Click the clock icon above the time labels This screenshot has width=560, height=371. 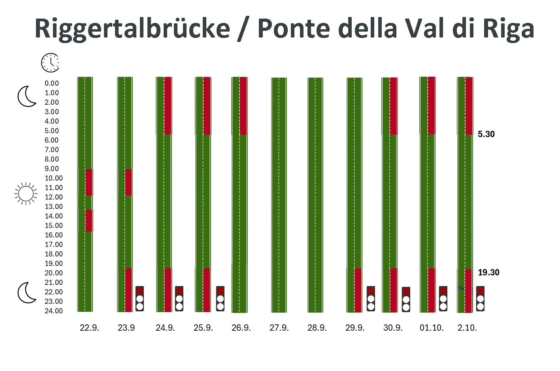[x=50, y=62]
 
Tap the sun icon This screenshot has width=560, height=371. [x=26, y=194]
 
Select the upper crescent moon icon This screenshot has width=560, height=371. [x=27, y=97]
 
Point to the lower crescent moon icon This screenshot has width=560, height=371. [x=27, y=293]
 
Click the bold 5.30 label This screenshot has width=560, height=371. [x=486, y=134]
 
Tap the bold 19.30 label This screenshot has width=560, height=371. [x=488, y=273]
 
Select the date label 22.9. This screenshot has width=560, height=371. [x=89, y=328]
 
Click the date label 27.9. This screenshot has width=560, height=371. [x=279, y=328]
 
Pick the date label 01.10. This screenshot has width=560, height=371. [x=432, y=328]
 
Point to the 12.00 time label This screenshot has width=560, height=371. [x=54, y=197]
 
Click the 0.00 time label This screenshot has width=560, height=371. [x=51, y=83]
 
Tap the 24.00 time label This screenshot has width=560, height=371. [x=54, y=311]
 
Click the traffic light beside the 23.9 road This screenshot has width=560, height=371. [x=140, y=299]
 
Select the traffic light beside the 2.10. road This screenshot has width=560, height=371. [x=480, y=299]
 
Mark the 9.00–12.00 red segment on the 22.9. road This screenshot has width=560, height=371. [x=89, y=182]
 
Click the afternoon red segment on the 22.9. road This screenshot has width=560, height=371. [x=89, y=220]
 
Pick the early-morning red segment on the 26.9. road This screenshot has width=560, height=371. [x=243, y=106]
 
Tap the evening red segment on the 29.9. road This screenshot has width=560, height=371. [x=358, y=290]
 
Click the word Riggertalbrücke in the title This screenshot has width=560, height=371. [x=132, y=28]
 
